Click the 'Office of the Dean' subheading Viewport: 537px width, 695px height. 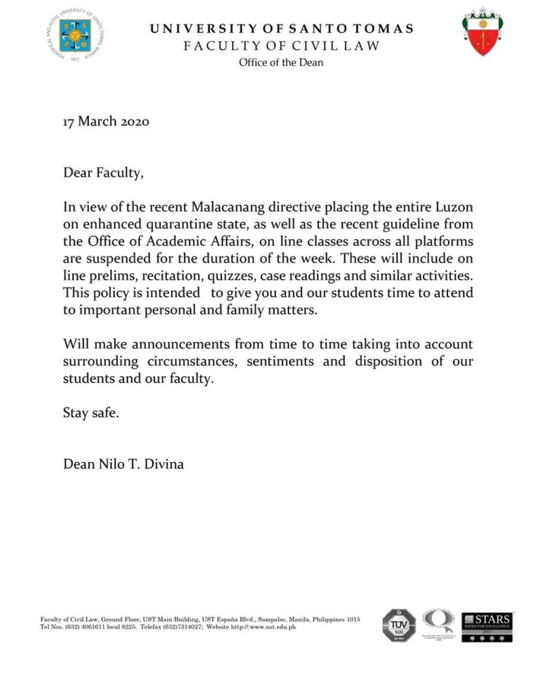click(280, 62)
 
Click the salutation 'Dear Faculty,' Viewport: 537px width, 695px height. click(103, 172)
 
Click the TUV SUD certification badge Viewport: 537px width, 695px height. click(399, 625)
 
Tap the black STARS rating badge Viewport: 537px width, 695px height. click(487, 625)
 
